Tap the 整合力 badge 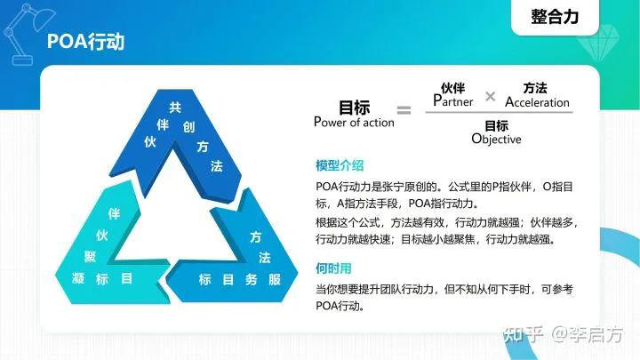coord(554,16)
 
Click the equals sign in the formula coord(404,110)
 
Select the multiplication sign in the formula coord(490,96)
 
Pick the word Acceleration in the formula coord(537,102)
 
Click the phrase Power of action coord(354,123)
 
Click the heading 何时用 coord(333,268)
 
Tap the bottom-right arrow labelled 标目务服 coord(240,271)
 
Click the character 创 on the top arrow coord(188,126)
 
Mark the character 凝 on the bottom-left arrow coord(78,279)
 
